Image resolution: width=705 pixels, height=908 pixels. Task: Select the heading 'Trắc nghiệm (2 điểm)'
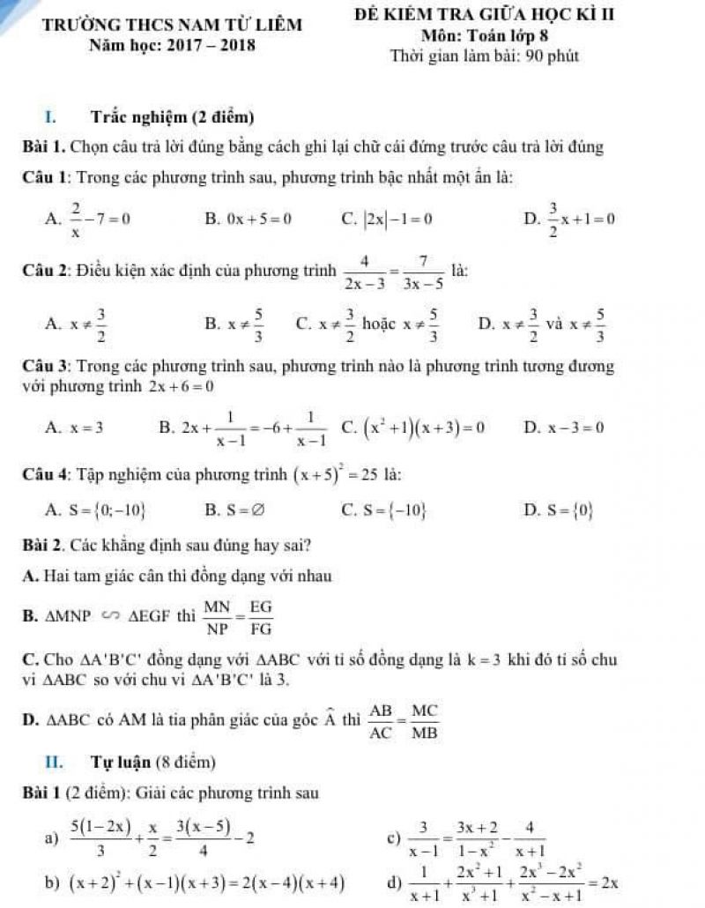click(173, 116)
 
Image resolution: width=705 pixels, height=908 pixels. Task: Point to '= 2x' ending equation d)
click(604, 880)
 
